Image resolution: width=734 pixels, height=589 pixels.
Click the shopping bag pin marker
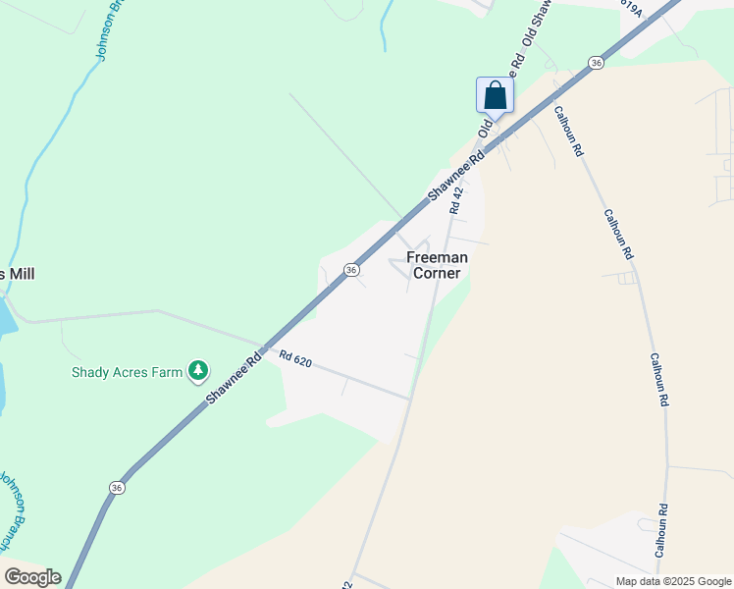click(x=495, y=96)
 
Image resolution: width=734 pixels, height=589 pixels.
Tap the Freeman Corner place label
click(x=437, y=265)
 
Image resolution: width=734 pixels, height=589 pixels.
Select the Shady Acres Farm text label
click(x=128, y=372)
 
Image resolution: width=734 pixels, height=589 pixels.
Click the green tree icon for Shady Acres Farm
click(x=199, y=370)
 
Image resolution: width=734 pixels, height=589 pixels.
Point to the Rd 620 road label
click(x=294, y=360)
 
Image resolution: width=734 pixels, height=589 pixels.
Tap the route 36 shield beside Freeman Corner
click(x=350, y=269)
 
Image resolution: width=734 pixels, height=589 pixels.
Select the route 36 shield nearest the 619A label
click(x=596, y=63)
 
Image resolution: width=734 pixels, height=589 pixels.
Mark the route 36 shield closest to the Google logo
click(x=118, y=488)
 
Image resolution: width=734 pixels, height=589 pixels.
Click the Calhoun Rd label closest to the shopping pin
click(x=568, y=132)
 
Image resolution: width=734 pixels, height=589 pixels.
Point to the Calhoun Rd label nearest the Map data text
click(x=663, y=531)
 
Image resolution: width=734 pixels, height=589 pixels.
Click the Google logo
click(x=32, y=577)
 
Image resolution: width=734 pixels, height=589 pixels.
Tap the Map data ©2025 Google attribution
click(x=673, y=581)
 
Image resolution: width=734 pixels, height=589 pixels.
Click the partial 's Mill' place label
click(x=18, y=274)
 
